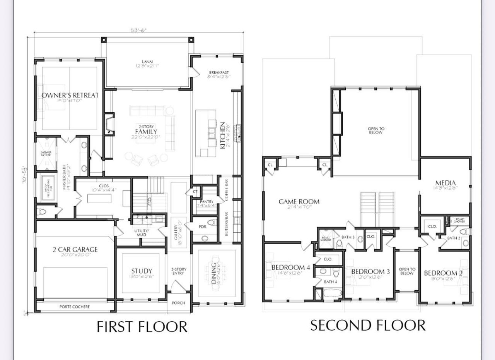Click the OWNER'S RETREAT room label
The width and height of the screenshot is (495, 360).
(x=70, y=95)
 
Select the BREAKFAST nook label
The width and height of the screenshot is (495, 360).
(x=219, y=72)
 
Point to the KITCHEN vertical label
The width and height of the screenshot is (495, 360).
(x=223, y=135)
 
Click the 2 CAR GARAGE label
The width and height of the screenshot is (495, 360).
(x=75, y=250)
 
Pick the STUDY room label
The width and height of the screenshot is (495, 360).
(x=141, y=271)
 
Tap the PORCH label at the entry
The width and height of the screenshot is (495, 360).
(x=178, y=303)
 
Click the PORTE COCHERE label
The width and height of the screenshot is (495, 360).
(x=75, y=307)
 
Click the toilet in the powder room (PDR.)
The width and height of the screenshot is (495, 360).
(x=211, y=223)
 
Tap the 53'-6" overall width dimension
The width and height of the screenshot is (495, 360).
(x=138, y=30)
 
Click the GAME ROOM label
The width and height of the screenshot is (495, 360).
(x=299, y=201)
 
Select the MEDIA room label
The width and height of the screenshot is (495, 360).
(x=445, y=183)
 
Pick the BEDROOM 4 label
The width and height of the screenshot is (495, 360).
(x=290, y=267)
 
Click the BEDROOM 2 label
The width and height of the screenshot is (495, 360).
(x=443, y=273)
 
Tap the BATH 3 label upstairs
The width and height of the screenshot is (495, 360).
(x=348, y=237)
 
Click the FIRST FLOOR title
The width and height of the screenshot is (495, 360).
(x=142, y=326)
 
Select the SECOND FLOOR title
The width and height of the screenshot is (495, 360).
(x=368, y=325)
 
